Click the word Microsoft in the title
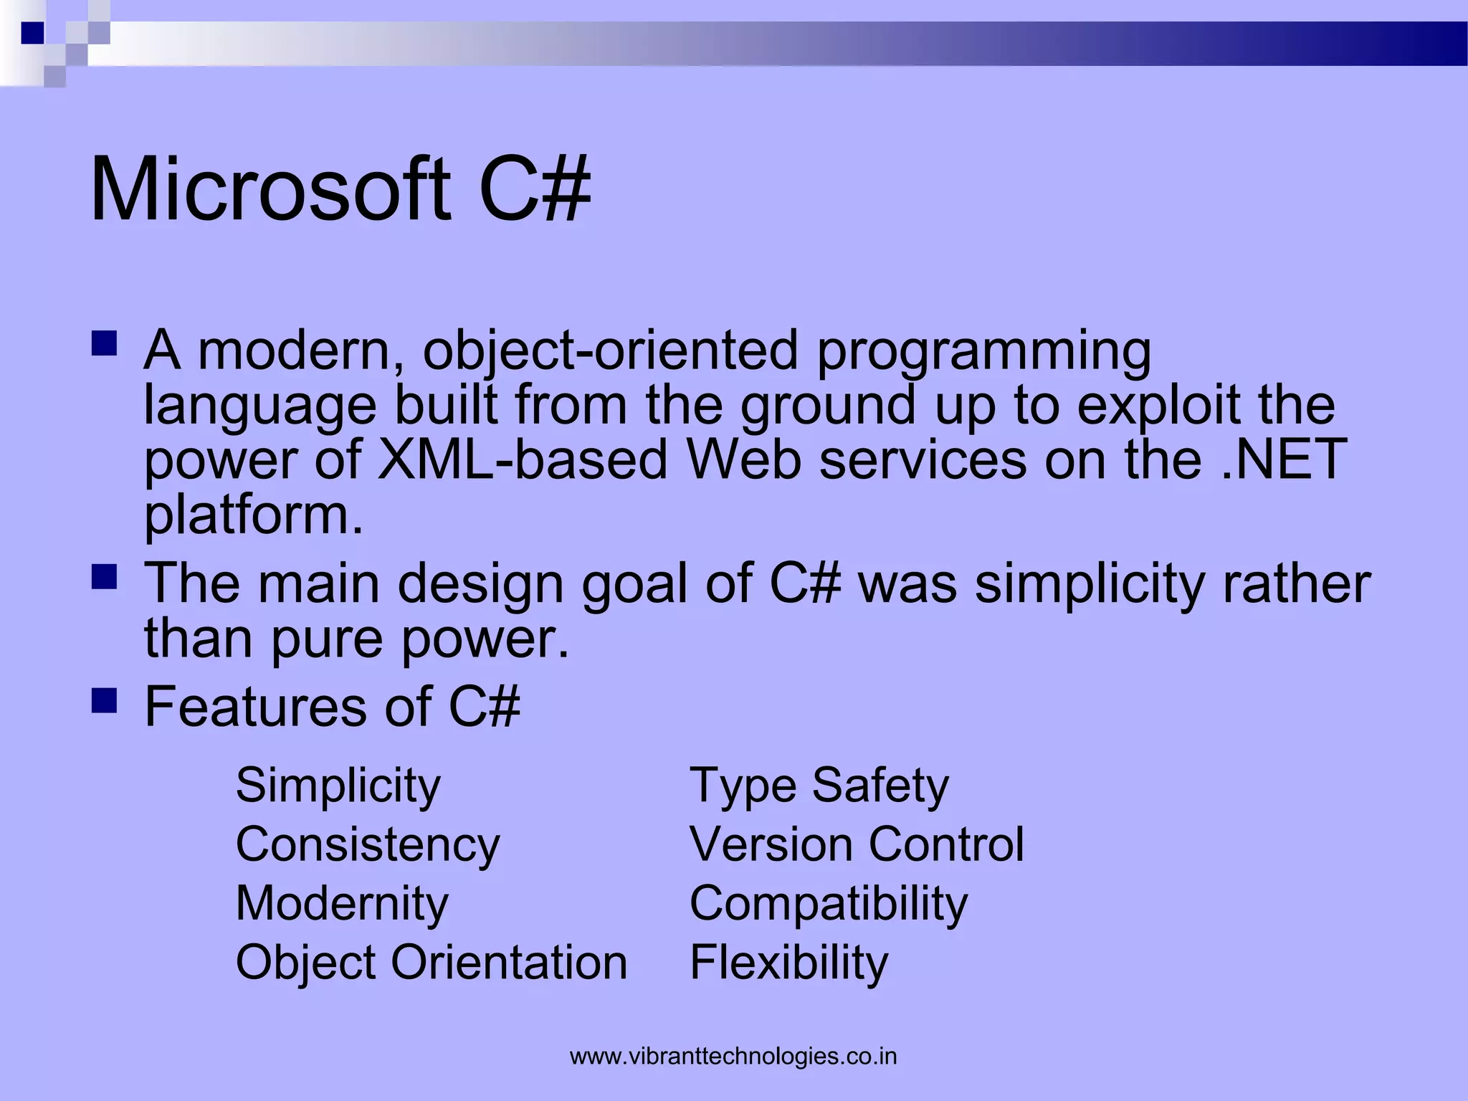tap(270, 190)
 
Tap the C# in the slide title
tap(534, 190)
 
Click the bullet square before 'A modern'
tap(105, 344)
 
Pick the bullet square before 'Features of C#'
tap(105, 701)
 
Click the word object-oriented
tap(610, 351)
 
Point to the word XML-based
tap(523, 459)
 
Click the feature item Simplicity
tap(338, 786)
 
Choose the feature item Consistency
tap(367, 844)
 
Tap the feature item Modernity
tap(342, 903)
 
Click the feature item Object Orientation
tap(432, 962)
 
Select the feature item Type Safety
tap(819, 786)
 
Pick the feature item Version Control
tap(857, 844)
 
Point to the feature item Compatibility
tap(829, 903)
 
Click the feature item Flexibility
tap(788, 962)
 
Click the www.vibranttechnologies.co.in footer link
tap(733, 1057)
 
